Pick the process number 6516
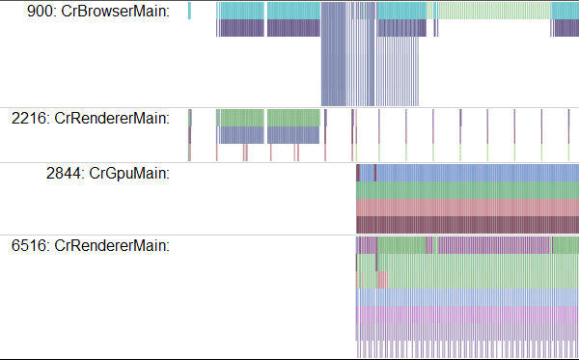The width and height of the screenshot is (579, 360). pos(31,245)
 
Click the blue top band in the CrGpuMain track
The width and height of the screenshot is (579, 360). pos(473,173)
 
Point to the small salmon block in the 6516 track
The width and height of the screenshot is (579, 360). pos(381,280)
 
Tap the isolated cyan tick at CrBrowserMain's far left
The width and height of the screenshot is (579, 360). pos(189,10)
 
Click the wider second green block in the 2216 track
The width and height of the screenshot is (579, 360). pos(292,118)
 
